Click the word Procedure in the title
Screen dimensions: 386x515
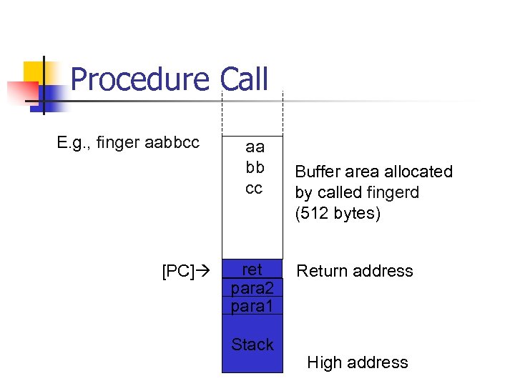point(139,79)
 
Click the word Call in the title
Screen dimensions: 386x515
point(244,79)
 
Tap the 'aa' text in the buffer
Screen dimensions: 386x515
point(254,147)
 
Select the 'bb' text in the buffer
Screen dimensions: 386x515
point(254,168)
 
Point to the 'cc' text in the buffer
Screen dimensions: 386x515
point(254,189)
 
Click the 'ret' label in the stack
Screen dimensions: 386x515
point(252,269)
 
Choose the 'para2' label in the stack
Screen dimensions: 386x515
point(252,287)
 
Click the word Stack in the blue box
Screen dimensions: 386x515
point(252,345)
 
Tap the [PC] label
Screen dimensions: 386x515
point(177,272)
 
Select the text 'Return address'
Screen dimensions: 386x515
point(355,271)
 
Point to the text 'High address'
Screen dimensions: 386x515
point(358,362)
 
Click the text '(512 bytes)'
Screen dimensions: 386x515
point(338,214)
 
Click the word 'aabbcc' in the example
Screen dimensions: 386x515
point(172,143)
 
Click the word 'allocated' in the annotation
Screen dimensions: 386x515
point(418,172)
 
